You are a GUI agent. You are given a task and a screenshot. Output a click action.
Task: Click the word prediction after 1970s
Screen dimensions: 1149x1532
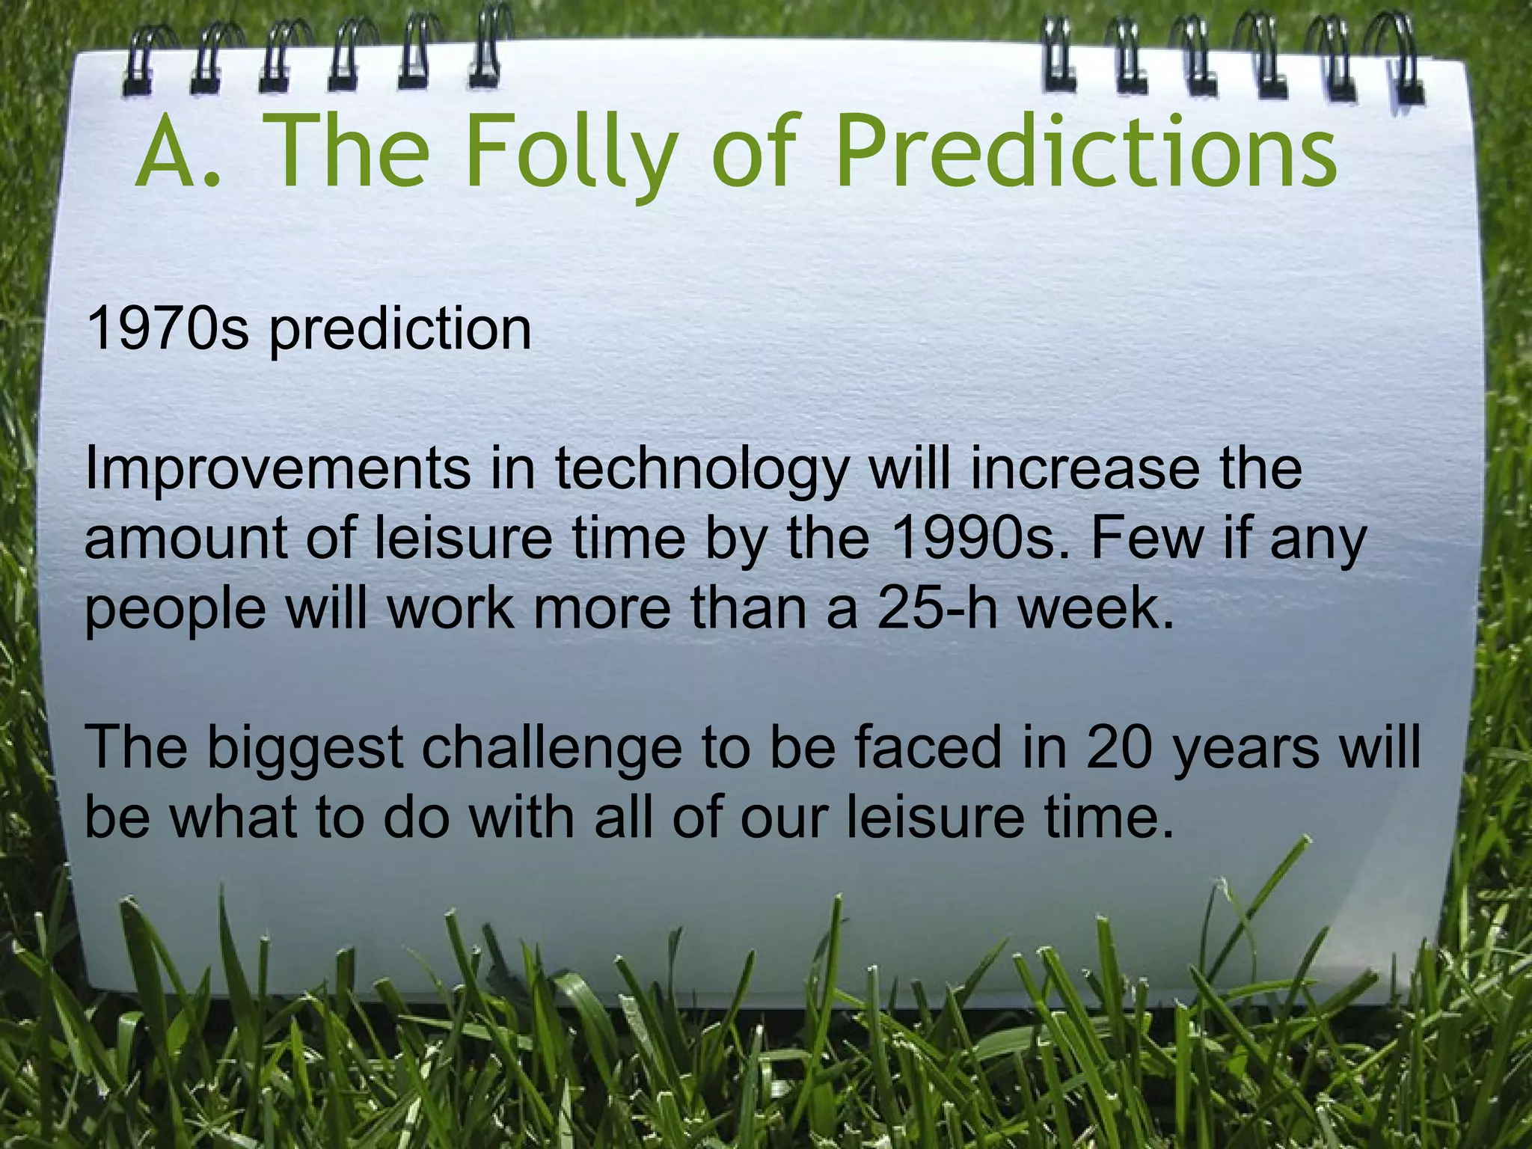tap(400, 331)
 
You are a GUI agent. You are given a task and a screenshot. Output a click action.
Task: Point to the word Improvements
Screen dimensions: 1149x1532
tap(278, 470)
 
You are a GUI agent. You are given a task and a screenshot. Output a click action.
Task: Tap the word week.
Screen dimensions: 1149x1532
tap(1097, 608)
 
